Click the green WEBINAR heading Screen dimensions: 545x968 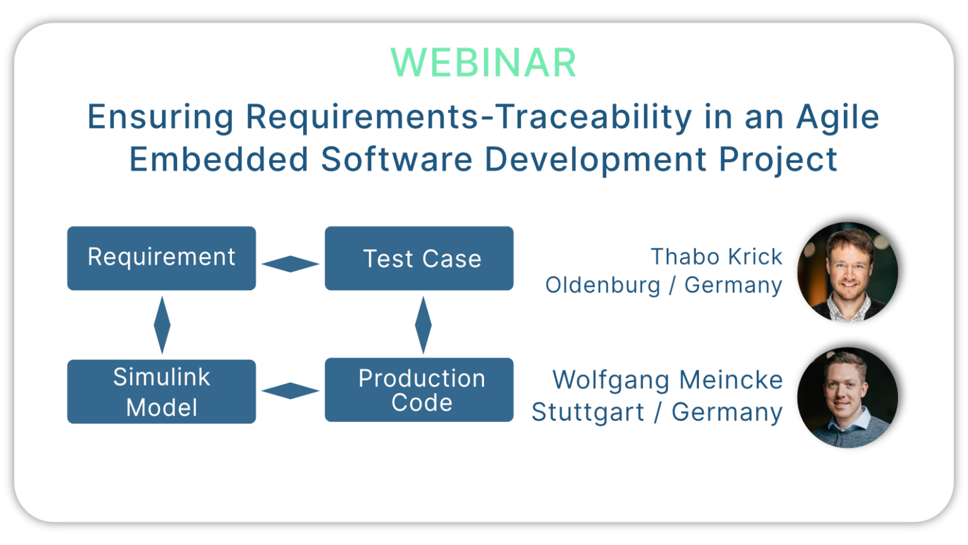tap(483, 62)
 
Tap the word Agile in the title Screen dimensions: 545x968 tap(838, 117)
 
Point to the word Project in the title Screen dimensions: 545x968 tap(778, 160)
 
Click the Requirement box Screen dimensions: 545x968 tap(161, 258)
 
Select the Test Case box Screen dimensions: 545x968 tap(419, 259)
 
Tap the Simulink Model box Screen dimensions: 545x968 tap(161, 392)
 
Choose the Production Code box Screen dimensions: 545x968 tap(419, 390)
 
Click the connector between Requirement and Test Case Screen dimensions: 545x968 tap(291, 264)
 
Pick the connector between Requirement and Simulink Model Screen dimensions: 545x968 tap(162, 325)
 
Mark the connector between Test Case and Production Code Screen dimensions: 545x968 tap(423, 325)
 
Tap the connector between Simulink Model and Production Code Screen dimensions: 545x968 tap(291, 390)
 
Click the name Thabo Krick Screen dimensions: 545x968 tap(716, 257)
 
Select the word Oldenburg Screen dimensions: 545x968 tap(602, 285)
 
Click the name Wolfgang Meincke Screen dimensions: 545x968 tap(667, 380)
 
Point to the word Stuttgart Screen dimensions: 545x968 tap(587, 413)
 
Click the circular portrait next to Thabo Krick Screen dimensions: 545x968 tap(848, 272)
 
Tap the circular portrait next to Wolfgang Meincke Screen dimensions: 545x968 tap(848, 397)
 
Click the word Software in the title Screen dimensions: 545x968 tap(396, 159)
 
